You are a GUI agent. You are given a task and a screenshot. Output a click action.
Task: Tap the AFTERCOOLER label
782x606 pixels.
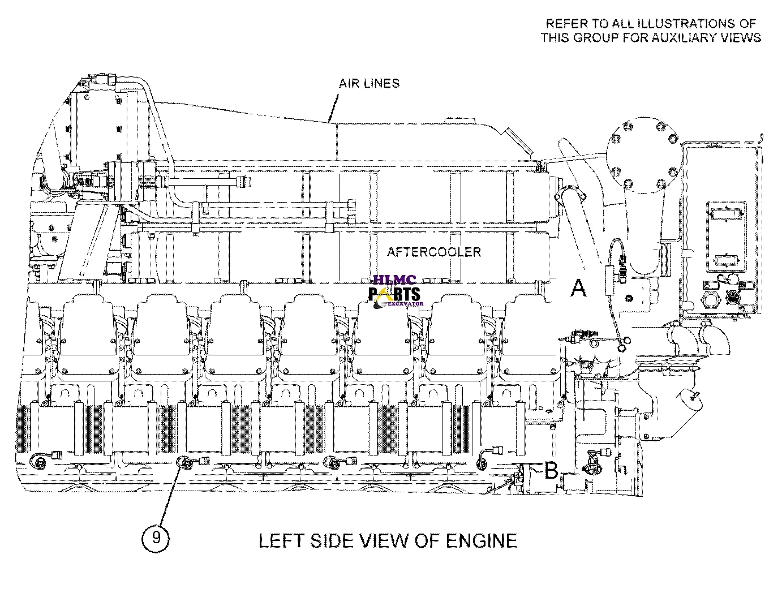point(433,252)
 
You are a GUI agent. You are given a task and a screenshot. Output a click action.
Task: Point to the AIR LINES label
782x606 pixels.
point(369,83)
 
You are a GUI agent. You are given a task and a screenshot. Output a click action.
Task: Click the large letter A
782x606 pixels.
point(578,288)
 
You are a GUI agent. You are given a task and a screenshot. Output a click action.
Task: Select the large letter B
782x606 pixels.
point(551,471)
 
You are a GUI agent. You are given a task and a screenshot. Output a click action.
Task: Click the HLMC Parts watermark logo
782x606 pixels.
point(395,291)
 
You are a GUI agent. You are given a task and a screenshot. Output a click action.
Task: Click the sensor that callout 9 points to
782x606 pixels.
point(185,463)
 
